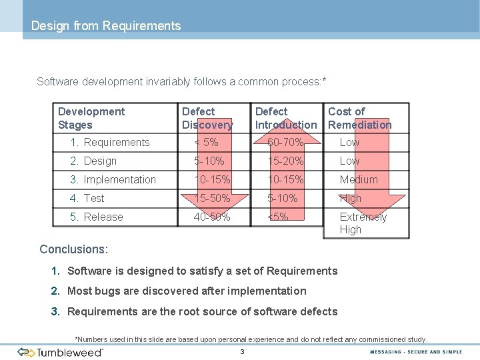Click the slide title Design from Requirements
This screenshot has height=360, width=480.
106,26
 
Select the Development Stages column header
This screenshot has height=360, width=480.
91,118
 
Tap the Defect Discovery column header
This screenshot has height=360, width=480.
207,118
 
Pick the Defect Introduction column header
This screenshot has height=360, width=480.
286,118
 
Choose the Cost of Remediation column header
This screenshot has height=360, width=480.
359,118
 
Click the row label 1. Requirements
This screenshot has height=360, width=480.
110,142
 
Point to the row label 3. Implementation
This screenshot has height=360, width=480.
113,179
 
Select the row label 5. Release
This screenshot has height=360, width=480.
97,217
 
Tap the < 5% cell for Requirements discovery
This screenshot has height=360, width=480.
206,142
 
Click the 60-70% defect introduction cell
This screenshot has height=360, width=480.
285,142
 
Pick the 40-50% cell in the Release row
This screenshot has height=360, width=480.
212,217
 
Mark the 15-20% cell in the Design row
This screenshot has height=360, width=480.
285,161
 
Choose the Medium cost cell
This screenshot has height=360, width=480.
359,179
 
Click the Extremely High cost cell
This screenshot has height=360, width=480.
363,223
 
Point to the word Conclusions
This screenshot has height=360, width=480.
73,249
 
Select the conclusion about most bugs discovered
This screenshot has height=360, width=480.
187,291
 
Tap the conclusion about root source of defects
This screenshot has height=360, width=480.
202,311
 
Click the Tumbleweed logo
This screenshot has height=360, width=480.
61,352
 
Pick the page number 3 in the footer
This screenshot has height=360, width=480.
243,352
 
